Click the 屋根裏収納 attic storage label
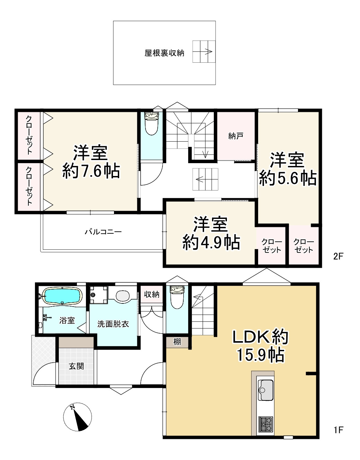pyautogui.click(x=164, y=53)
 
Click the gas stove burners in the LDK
pyautogui.click(x=266, y=424)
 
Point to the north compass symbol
pyautogui.click(x=78, y=417)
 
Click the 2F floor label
pyautogui.click(x=338, y=257)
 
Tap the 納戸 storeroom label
pyautogui.click(x=236, y=136)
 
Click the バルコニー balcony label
pyautogui.click(x=103, y=232)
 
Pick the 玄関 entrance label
pyautogui.click(x=76, y=366)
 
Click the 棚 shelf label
pyautogui.click(x=177, y=342)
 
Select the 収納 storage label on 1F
pyautogui.click(x=152, y=294)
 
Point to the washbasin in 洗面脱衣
pyautogui.click(x=122, y=296)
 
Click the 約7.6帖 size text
pyautogui.click(x=91, y=171)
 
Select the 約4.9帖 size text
pyautogui.click(x=211, y=242)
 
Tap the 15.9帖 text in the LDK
pyautogui.click(x=261, y=355)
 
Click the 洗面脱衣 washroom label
pyautogui.click(x=113, y=324)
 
